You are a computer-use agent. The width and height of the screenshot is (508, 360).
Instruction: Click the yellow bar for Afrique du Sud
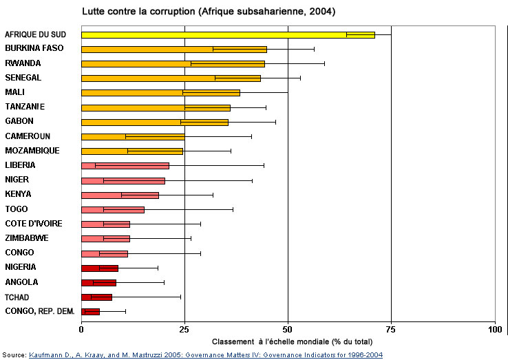[227, 34]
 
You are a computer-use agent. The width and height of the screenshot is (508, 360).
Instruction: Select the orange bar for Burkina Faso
[173, 49]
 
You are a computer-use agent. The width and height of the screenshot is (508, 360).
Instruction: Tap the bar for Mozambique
[131, 151]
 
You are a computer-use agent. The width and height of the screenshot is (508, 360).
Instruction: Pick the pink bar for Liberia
[125, 165]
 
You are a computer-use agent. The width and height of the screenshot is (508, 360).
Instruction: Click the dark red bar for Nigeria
[100, 268]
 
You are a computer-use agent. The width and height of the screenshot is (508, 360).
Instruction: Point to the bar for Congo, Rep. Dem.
[90, 312]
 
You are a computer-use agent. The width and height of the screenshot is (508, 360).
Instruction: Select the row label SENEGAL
[24, 77]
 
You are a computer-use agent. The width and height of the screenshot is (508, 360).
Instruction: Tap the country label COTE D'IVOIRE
[34, 223]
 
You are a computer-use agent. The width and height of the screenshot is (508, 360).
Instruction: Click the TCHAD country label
[18, 297]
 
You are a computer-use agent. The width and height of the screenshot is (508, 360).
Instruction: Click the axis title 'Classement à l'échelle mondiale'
[292, 341]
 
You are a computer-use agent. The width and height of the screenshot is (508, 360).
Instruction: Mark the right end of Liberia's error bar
[264, 165]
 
